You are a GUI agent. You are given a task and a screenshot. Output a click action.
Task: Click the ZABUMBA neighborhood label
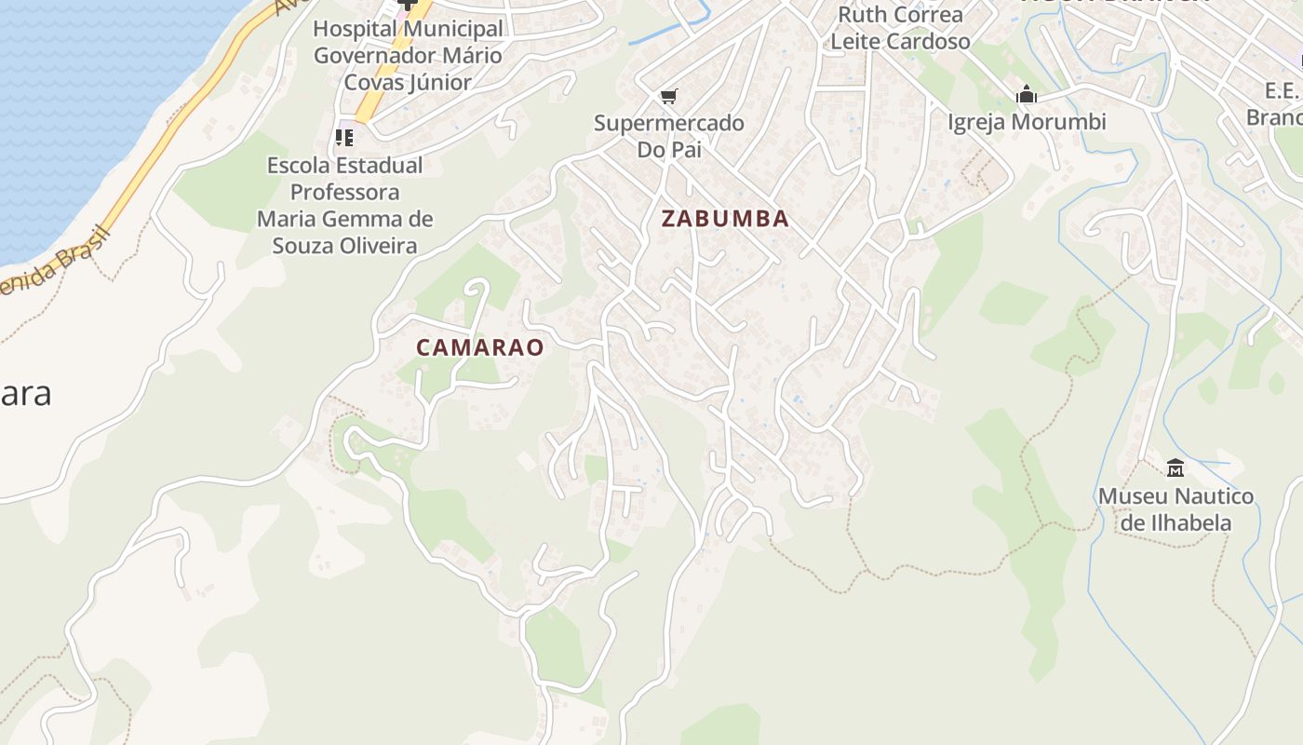coord(725,219)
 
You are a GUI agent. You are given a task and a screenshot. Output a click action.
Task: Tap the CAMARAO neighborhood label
coord(479,347)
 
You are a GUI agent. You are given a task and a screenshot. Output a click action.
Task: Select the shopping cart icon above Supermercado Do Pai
coord(668,96)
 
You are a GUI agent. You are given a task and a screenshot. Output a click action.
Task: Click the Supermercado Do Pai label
coord(668,136)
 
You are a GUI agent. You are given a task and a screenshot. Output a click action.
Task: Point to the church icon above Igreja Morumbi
coord(1027,94)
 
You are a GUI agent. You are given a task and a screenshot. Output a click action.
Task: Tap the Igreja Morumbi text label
coord(1027,122)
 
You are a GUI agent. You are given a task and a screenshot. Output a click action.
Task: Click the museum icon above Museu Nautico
coord(1175,467)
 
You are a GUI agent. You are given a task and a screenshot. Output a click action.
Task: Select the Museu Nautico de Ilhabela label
coord(1175,508)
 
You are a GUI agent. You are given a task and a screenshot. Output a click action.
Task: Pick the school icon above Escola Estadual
coord(344,138)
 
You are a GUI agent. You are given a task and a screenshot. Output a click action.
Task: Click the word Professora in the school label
coord(345,193)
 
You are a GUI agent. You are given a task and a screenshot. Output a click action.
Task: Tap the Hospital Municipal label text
coord(408,29)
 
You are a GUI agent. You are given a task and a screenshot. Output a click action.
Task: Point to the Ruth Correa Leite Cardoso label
coord(900,28)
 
